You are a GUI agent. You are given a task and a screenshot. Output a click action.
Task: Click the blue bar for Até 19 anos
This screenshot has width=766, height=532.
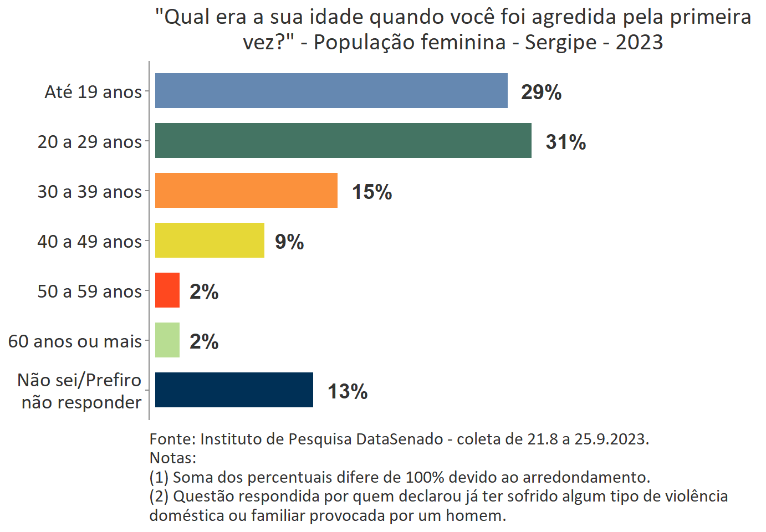coord(331,90)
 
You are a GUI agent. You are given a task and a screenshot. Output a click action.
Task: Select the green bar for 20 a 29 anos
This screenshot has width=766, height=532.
coord(343,140)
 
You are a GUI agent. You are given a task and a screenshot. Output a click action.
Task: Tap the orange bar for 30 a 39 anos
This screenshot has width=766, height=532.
coord(246,190)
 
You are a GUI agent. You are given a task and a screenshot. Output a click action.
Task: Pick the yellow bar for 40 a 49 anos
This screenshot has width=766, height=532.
coord(210,240)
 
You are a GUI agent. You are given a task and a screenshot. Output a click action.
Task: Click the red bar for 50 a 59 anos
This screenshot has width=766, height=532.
coord(167,290)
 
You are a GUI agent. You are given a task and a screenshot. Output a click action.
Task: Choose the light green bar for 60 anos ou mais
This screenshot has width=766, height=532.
coord(167,340)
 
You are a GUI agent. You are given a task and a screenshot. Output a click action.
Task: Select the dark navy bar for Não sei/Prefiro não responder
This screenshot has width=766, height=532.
coord(234,390)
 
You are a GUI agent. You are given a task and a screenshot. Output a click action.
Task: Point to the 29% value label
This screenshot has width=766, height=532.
coord(541,92)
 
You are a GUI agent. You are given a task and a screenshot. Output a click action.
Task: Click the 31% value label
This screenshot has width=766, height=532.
coord(565,142)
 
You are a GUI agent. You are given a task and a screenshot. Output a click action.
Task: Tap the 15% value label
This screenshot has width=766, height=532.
coord(372,192)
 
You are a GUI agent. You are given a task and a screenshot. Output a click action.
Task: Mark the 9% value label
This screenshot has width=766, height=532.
coord(289,242)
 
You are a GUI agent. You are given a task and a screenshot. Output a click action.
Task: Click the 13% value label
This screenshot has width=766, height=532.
coord(348,391)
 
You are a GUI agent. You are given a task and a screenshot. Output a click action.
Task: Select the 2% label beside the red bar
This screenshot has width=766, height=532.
coord(204,291)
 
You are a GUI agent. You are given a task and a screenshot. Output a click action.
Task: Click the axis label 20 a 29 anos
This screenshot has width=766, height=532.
coord(90,142)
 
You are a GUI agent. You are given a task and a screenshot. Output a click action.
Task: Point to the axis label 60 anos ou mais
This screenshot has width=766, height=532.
coord(75,341)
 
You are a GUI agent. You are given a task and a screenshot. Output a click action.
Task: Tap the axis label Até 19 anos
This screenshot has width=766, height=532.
coord(93,92)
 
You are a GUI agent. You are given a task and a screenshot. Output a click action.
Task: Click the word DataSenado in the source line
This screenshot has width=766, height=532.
coord(400,439)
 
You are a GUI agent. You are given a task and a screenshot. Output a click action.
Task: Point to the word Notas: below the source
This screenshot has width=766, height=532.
coord(173,458)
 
